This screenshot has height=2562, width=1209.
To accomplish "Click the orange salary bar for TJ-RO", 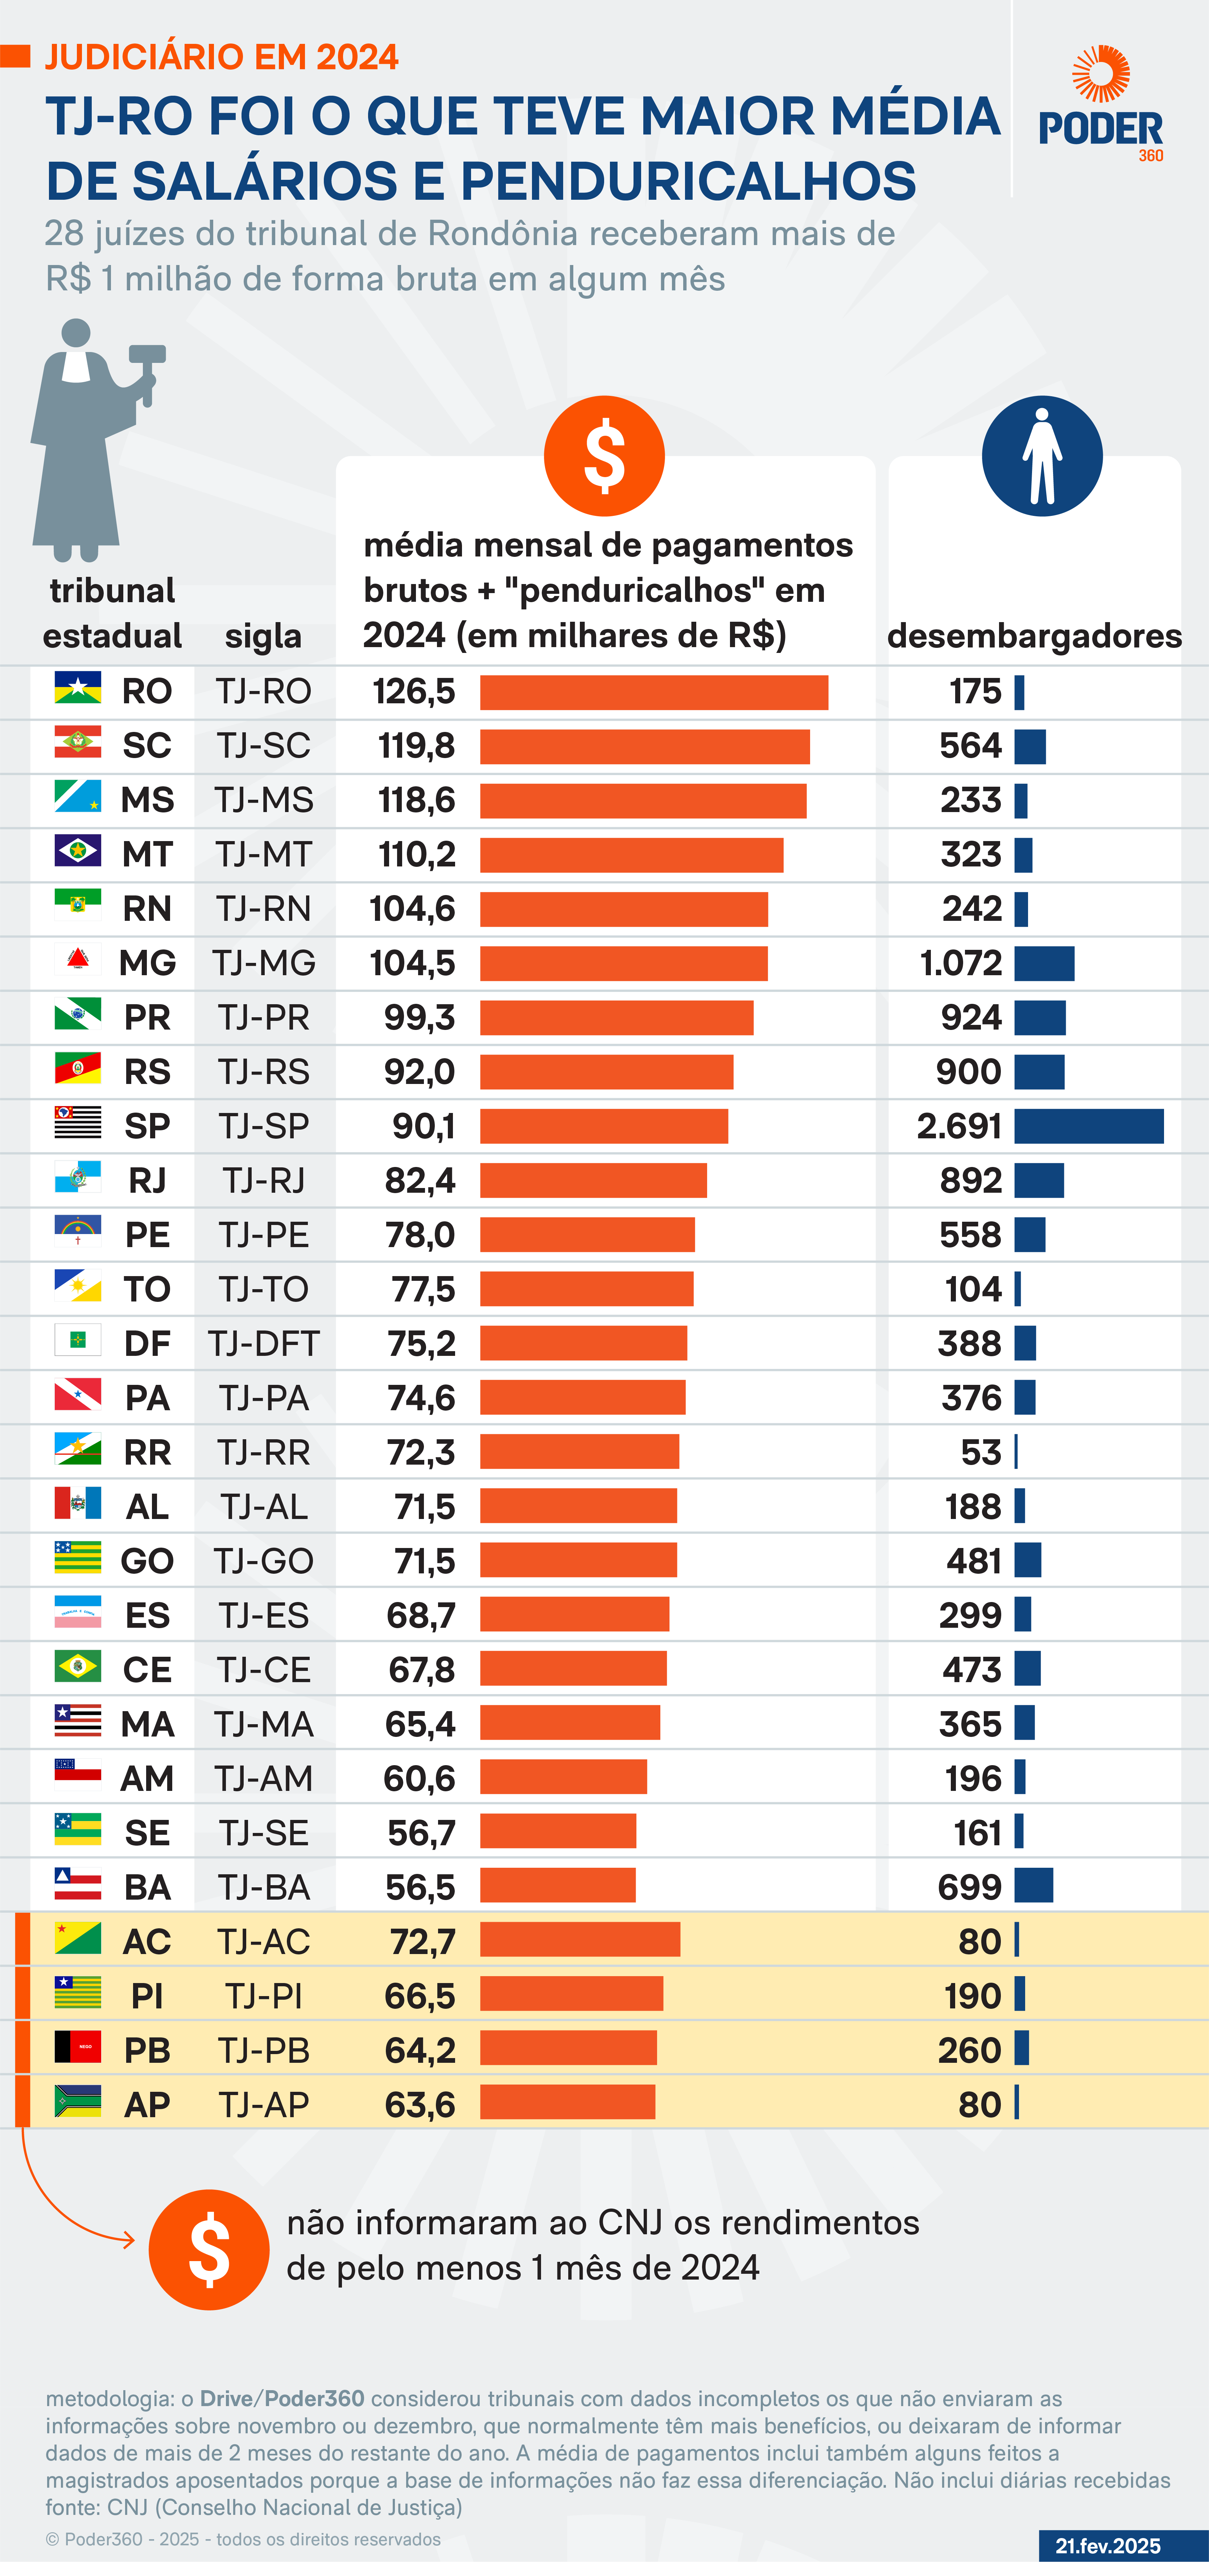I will pyautogui.click(x=654, y=692).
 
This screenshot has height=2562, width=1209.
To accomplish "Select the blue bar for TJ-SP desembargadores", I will pyautogui.click(x=1089, y=1126).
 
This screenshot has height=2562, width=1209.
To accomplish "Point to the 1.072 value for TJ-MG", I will pyautogui.click(x=960, y=963).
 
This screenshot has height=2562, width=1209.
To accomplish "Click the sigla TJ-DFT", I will pyautogui.click(x=264, y=1344).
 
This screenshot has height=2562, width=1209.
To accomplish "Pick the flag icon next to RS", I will pyautogui.click(x=78, y=1070).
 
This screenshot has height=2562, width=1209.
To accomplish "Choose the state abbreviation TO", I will pyautogui.click(x=147, y=1289).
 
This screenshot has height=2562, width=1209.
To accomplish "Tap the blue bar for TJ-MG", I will pyautogui.click(x=1044, y=964).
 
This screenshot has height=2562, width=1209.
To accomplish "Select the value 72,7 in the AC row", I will pyautogui.click(x=422, y=1941).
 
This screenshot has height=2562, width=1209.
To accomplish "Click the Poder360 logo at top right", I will pyautogui.click(x=1101, y=104).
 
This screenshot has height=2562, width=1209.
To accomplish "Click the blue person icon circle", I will pyautogui.click(x=1042, y=456).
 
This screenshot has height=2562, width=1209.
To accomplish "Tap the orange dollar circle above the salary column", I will pyautogui.click(x=604, y=456).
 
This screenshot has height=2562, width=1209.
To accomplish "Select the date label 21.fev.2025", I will pyautogui.click(x=1107, y=2545).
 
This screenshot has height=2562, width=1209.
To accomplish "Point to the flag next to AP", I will pyautogui.click(x=78, y=2103).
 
